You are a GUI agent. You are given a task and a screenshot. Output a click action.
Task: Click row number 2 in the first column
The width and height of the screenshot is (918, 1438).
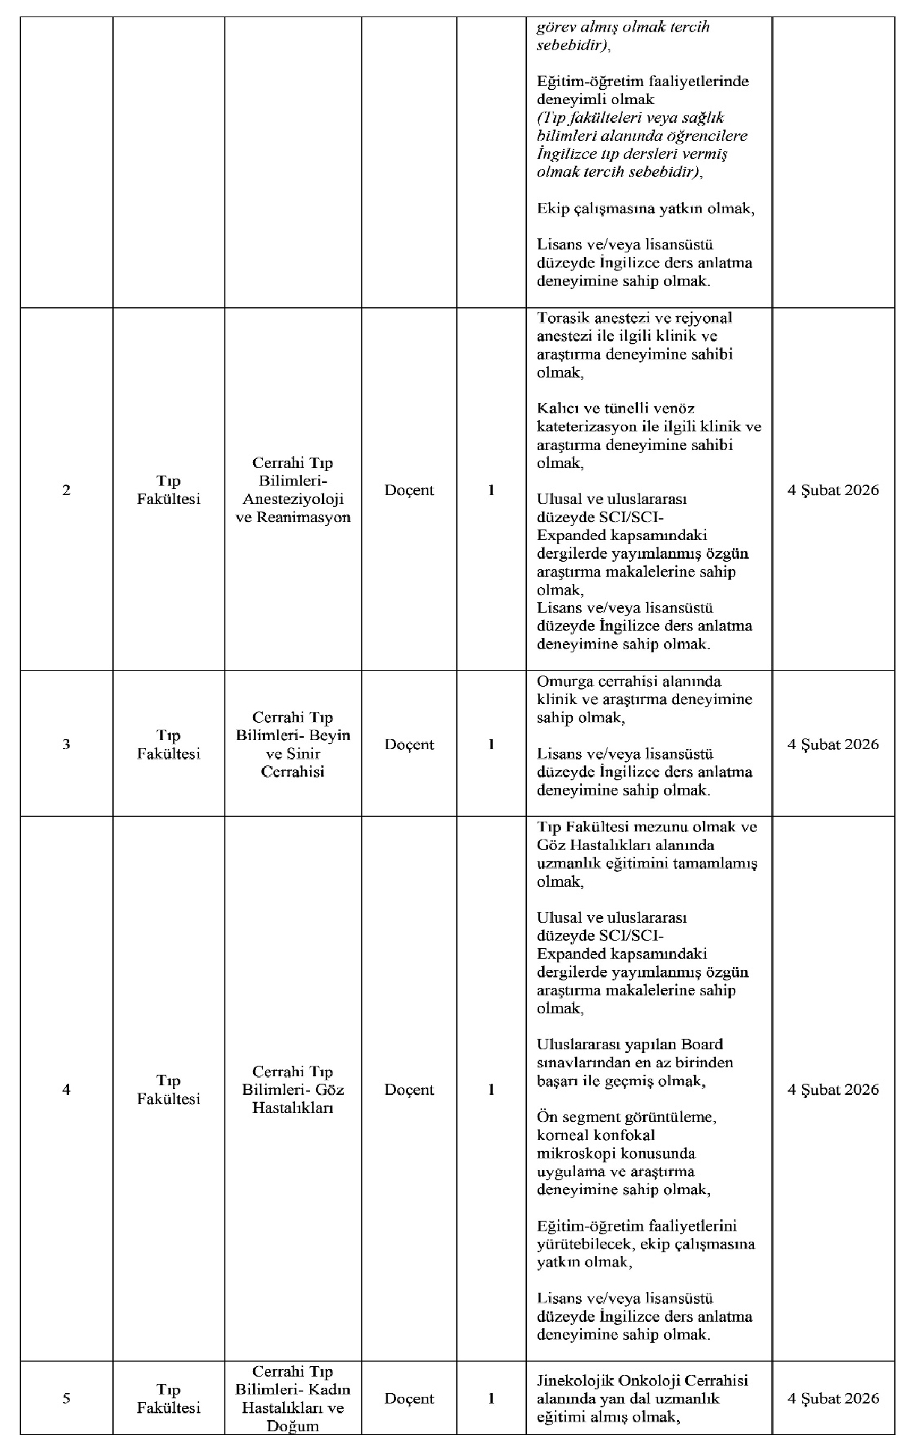(x=67, y=491)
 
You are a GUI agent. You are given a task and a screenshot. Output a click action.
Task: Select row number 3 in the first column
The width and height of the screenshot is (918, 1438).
(x=67, y=744)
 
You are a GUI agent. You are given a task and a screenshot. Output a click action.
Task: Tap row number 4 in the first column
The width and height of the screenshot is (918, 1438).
(x=67, y=1090)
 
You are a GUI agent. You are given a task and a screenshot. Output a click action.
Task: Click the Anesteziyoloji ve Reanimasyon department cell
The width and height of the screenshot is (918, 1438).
(x=293, y=491)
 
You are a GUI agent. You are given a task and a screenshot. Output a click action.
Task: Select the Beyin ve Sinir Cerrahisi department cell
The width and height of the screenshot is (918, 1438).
(x=293, y=744)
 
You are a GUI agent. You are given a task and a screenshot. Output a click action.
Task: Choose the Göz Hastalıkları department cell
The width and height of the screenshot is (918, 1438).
(x=293, y=1090)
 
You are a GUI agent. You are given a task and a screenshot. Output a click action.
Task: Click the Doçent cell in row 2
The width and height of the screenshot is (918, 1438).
(x=409, y=491)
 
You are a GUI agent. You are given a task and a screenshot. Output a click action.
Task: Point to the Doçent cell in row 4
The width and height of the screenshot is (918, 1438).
(x=409, y=1090)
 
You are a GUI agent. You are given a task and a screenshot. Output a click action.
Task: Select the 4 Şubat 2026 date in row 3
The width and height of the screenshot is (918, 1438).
(x=833, y=744)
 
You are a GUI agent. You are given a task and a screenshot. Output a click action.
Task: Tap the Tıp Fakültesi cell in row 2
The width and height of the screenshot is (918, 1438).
(x=168, y=491)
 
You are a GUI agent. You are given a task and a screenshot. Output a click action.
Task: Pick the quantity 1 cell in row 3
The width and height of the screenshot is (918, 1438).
(x=491, y=744)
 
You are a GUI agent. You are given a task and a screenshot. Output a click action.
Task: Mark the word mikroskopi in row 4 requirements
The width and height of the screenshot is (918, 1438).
(x=574, y=1153)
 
